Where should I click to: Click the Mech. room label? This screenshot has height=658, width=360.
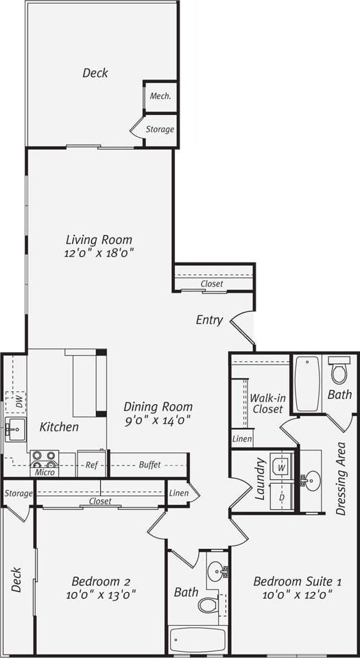tap(160, 97)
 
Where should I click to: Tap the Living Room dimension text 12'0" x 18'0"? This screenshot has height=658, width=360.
tap(99, 253)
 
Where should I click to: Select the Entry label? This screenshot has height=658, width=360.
tap(209, 319)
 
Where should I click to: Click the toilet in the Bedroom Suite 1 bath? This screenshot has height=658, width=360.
tap(339, 371)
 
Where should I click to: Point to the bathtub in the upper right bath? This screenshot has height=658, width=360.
tap(308, 384)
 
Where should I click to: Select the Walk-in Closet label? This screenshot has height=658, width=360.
tap(267, 403)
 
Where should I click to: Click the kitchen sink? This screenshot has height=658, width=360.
tap(14, 430)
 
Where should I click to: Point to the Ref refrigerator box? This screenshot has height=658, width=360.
tap(91, 464)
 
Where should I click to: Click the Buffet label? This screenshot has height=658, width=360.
tap(149, 464)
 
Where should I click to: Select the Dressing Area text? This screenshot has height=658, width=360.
tap(341, 478)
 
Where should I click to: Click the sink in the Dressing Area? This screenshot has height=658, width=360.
tap(312, 480)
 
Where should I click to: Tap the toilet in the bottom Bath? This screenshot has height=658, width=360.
tap(208, 605)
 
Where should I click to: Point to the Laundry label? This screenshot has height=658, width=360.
tap(260, 479)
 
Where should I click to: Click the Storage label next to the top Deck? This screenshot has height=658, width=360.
tap(160, 129)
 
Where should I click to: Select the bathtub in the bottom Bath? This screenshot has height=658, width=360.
tap(197, 639)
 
